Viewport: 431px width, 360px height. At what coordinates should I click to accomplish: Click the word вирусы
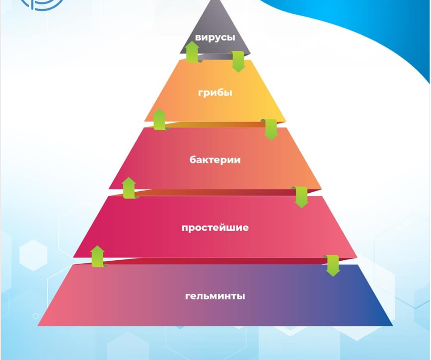coord(215,38)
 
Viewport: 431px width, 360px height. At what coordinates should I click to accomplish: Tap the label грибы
coord(215,93)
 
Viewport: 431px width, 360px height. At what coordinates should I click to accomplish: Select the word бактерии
coord(215,160)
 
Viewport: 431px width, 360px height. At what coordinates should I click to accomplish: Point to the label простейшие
coord(215,227)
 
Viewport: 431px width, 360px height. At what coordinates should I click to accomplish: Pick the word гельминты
coord(215,296)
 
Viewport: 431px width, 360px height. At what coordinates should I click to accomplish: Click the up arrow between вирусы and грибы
coord(192,52)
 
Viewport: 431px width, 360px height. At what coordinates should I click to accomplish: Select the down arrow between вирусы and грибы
coord(238,61)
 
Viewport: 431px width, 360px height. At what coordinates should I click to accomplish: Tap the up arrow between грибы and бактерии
coord(160,120)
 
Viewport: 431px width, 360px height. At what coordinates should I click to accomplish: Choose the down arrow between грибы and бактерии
coord(270,129)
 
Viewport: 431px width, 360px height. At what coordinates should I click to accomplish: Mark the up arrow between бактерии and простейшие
coord(129,188)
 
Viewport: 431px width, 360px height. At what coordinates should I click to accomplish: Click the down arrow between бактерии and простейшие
coord(301,197)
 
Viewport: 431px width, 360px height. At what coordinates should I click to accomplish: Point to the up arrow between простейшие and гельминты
coord(98,256)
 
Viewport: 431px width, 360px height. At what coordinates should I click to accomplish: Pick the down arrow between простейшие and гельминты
coord(332,266)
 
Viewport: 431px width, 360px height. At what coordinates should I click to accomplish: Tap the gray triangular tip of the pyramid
coord(215,19)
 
